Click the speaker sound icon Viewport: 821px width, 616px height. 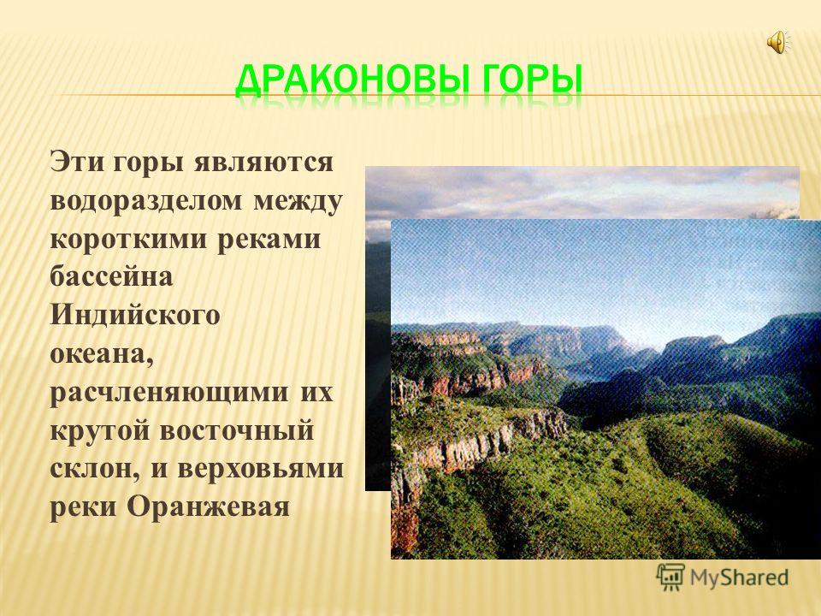pyautogui.click(x=779, y=41)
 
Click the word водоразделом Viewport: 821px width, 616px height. pyautogui.click(x=146, y=202)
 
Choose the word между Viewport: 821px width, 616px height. pyautogui.click(x=298, y=202)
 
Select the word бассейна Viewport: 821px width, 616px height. pyautogui.click(x=111, y=276)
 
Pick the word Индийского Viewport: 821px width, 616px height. pyautogui.click(x=134, y=316)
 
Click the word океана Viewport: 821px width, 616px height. pyautogui.click(x=102, y=354)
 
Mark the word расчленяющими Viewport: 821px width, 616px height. pyautogui.click(x=169, y=393)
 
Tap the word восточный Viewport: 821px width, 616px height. pyautogui.click(x=237, y=430)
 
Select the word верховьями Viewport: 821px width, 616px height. pyautogui.click(x=260, y=468)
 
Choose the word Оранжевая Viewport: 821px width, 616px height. pyautogui.click(x=208, y=506)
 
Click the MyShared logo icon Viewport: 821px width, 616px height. pyautogui.click(x=670, y=577)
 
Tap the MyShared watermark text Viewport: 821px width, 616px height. pyautogui.click(x=739, y=577)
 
